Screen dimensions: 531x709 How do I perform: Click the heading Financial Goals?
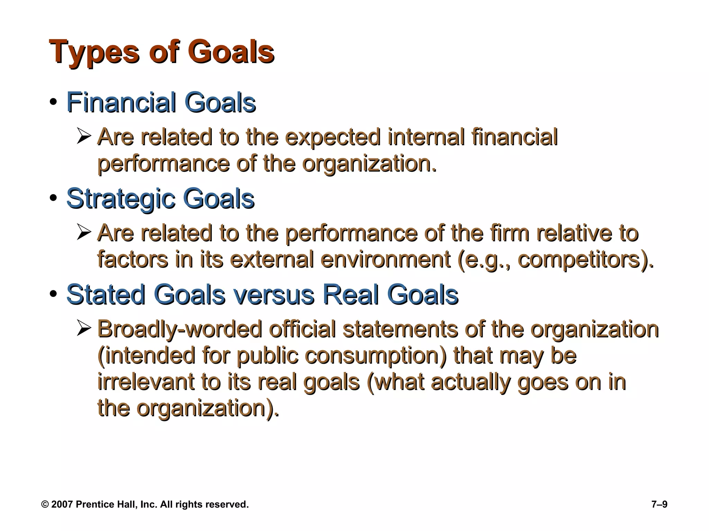161,102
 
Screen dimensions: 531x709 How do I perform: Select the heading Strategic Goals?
160,199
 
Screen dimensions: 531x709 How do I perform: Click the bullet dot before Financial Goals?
53,103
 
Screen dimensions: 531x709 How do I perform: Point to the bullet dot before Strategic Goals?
53,199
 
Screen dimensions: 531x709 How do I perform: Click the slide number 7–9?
659,504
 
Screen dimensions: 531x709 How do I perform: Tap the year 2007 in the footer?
62,504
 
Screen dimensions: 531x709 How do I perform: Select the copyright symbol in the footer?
45,504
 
